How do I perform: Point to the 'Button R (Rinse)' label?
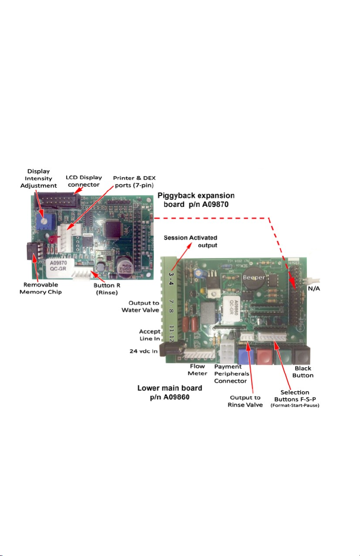pyautogui.click(x=109, y=289)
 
